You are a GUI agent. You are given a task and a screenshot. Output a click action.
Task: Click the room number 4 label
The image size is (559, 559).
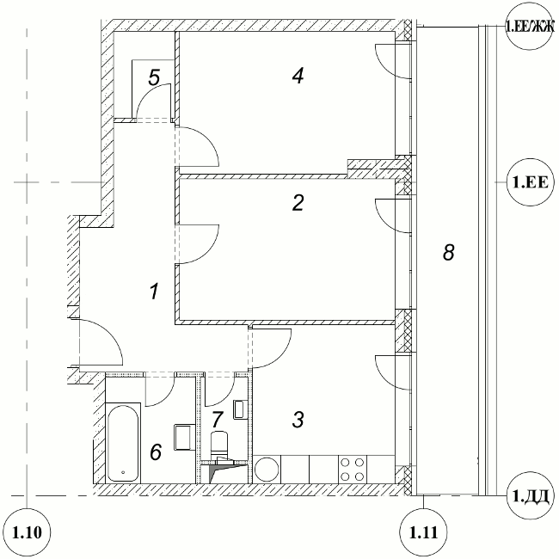[298, 76]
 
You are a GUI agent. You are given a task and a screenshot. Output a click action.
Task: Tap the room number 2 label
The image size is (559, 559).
[298, 202]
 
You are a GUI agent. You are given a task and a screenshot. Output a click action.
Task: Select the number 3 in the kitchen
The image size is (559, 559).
[298, 420]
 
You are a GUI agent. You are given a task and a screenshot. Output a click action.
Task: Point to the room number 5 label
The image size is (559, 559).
[154, 77]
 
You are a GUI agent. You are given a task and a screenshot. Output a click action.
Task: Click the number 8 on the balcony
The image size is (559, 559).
[448, 252]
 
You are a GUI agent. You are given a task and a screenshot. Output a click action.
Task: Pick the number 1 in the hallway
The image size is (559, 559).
[154, 291]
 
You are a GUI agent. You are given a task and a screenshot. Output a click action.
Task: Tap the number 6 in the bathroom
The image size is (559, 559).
[156, 451]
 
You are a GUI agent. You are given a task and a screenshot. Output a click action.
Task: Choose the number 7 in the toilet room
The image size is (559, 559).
[218, 419]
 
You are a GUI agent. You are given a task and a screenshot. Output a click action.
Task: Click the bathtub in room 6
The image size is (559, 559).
[123, 442]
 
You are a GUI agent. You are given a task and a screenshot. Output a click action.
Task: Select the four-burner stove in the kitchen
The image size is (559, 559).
[353, 470]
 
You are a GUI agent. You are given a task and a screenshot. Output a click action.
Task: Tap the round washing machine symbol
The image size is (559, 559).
[267, 470]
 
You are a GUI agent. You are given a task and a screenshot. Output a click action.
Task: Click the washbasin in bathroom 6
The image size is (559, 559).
[184, 437]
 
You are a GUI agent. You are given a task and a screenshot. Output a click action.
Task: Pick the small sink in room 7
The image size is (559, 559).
[239, 409]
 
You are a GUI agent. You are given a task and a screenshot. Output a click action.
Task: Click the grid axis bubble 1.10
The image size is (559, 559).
[28, 532]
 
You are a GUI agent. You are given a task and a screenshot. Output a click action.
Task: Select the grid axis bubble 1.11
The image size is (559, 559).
[423, 532]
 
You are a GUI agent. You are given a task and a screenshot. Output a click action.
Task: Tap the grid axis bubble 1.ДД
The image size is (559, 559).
[531, 495]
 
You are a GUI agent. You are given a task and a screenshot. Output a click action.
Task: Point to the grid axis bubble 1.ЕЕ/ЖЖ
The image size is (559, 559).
[531, 26]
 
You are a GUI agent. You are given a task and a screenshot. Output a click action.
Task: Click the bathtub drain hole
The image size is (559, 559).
[123, 472]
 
